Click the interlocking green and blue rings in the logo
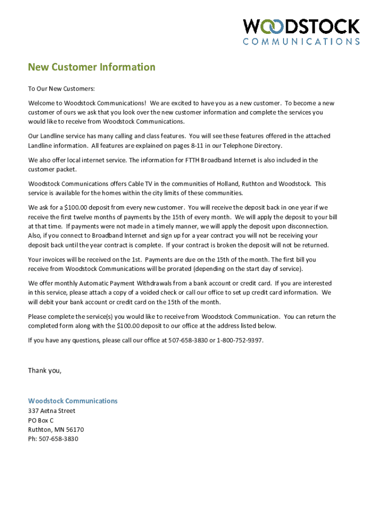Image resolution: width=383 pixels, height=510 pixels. coord(264,26)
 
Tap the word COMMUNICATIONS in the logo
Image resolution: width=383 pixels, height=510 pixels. coord(301,42)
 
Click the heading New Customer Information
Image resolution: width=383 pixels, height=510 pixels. coord(92,67)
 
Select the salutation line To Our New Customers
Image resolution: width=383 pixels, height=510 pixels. coord(61,89)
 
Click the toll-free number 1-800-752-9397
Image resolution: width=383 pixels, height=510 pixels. coord(239,341)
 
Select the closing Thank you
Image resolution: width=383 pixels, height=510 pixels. coord(45,371)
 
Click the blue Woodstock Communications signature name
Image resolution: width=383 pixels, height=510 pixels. coord(73,401)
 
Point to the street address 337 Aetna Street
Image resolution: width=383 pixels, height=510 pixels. coord(52,411)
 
